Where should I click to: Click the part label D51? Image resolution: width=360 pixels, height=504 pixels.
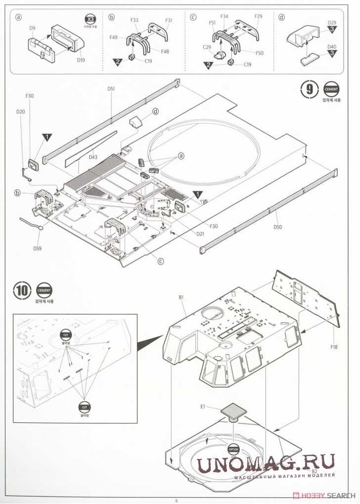click(111, 89)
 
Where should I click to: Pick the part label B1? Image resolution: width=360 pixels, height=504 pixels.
click(181, 297)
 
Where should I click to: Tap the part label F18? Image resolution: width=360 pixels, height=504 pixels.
click(334, 347)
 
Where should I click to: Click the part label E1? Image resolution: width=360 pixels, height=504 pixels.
click(203, 406)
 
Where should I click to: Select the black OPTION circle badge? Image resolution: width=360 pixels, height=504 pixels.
click(233, 449)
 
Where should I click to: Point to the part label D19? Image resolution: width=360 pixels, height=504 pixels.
click(81, 60)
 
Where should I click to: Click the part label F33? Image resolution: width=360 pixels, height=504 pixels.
click(135, 20)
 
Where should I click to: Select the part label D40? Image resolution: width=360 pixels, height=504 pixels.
click(332, 47)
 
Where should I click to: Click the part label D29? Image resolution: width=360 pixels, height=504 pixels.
click(332, 23)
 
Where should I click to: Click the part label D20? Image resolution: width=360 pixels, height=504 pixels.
click(20, 112)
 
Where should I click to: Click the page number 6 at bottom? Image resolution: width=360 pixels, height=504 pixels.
click(177, 500)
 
